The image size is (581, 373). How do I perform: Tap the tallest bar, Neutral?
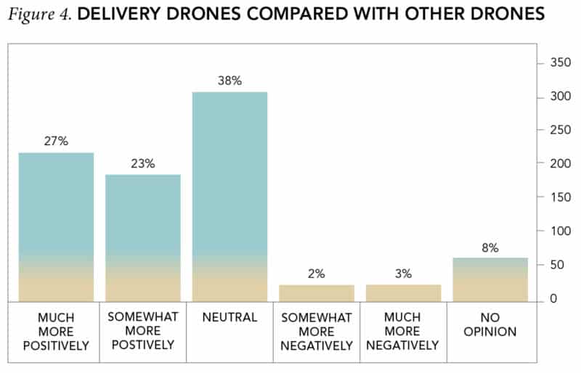(229, 196)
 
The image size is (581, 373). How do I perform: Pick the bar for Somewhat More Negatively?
(317, 293)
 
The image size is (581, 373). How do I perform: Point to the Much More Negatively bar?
(404, 293)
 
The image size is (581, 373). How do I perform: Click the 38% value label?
(229, 81)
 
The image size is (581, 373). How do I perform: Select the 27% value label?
(56, 142)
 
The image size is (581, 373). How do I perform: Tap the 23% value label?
(143, 163)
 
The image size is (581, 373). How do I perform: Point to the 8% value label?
(490, 247)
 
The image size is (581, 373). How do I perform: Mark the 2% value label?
(317, 274)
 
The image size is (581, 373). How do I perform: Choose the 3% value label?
(404, 274)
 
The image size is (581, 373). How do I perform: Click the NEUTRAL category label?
(229, 318)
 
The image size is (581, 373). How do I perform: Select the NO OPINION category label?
(490, 325)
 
